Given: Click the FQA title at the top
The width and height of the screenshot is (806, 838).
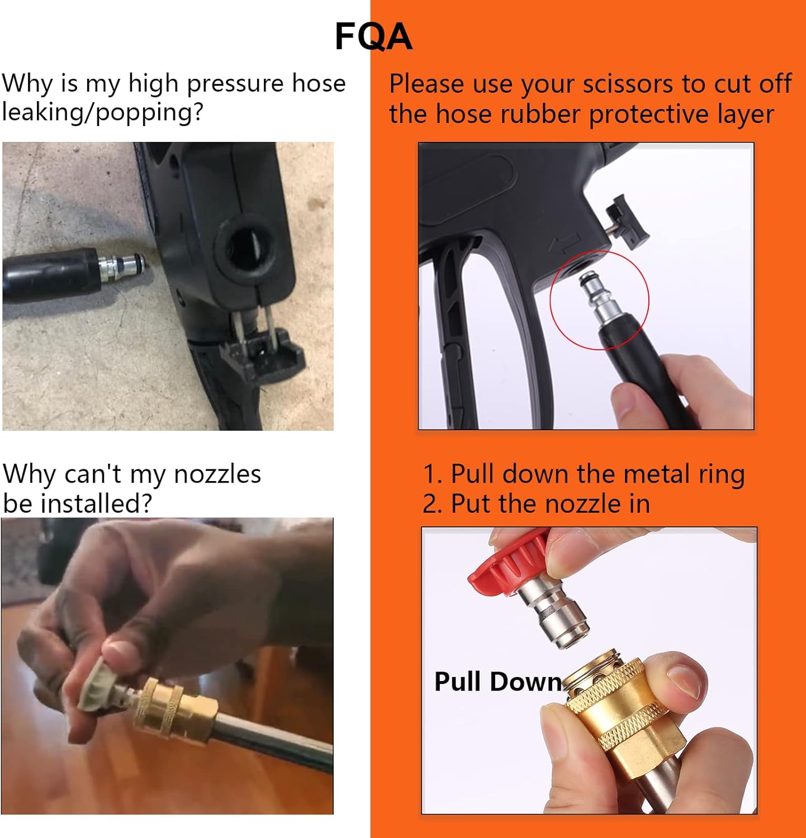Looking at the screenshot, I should click(373, 37).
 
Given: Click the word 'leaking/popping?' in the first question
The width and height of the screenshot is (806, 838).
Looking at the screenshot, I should click(102, 112).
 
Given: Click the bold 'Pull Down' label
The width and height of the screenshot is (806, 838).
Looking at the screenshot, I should click(497, 682).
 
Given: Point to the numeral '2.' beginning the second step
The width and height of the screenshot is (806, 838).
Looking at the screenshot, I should click(433, 503).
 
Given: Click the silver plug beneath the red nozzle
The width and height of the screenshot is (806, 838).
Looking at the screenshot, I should click(556, 615).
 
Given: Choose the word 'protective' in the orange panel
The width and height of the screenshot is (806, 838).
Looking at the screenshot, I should click(648, 115).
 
